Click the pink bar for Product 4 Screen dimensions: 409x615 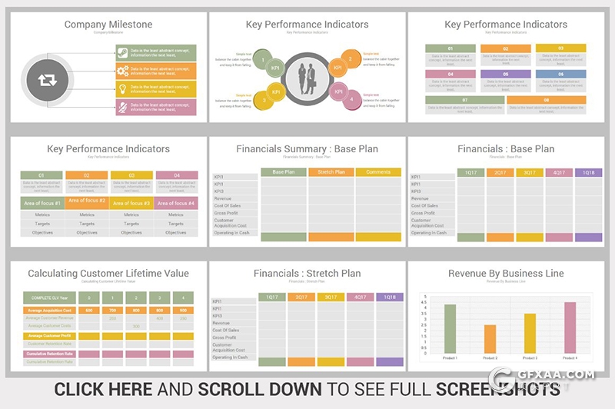coord(570,328)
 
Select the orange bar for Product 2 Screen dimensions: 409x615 coord(490,339)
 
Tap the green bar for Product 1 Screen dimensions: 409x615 coord(450,328)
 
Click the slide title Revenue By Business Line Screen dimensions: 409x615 coord(506,274)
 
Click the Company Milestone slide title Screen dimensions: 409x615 coord(108,25)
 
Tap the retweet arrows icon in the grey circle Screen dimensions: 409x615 coord(42,80)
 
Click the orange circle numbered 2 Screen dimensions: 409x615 coord(351,59)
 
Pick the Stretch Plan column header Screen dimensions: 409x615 coord(331,172)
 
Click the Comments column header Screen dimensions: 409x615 coord(378,172)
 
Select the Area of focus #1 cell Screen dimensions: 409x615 coord(42,203)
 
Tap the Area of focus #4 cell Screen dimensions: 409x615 coord(177,203)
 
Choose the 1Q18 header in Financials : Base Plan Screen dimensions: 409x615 coord(588,173)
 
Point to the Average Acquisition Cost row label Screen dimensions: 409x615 coord(50,311)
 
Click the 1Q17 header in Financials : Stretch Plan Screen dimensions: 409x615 coord(271,298)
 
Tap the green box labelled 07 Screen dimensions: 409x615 coord(465,100)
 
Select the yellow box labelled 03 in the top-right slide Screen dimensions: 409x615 coord(560,48)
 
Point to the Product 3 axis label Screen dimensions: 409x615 coord(530,357)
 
